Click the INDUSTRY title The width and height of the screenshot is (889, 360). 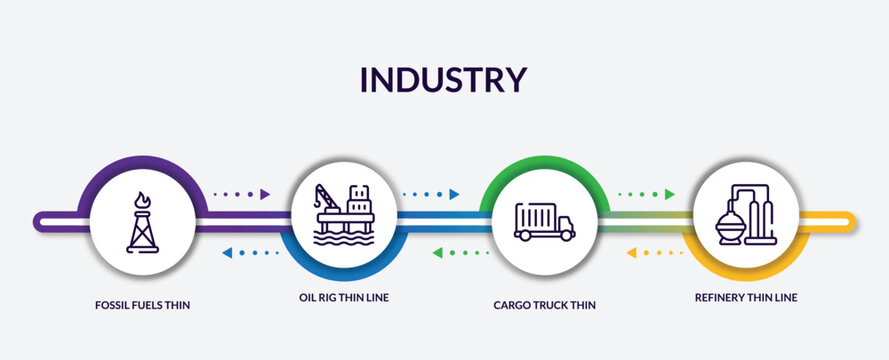pos(443,79)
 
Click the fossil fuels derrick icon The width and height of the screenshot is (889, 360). pos(146,222)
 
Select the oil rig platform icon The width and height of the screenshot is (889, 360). pos(344,216)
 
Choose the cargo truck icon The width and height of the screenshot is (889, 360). pos(544,221)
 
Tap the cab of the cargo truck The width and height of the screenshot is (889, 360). pos(564,225)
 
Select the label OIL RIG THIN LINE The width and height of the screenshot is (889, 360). pos(344,297)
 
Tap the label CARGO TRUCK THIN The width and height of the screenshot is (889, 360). pos(544,304)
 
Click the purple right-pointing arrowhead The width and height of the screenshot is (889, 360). pos(266,194)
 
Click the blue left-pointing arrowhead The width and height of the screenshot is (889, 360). pos(226,253)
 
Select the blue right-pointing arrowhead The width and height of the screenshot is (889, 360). pos(454,194)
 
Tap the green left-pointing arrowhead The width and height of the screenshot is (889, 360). pos(437,253)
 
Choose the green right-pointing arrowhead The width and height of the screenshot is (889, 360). pos(670,194)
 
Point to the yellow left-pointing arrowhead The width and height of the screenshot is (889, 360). pos(631,253)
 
